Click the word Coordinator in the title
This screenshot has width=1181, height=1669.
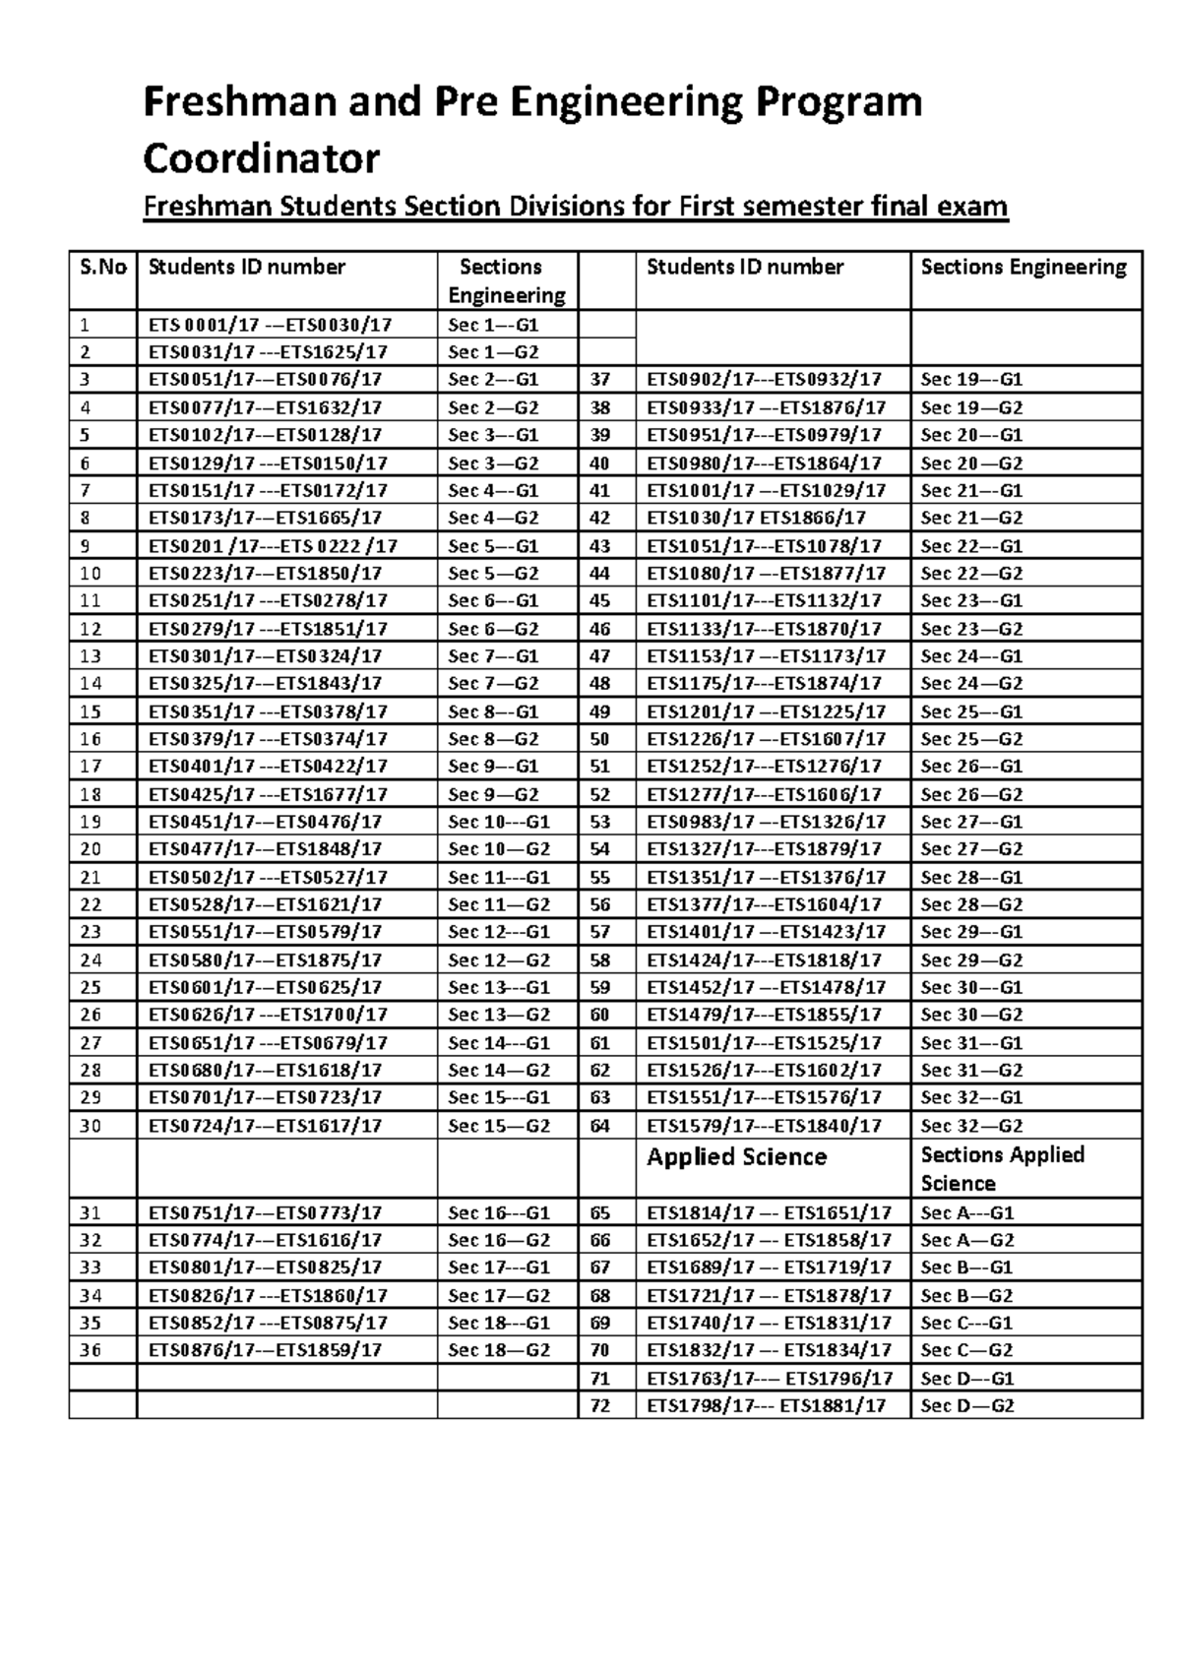(x=261, y=157)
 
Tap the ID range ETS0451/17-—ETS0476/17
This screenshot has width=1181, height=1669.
(x=265, y=822)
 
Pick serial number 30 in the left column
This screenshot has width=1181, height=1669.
(x=91, y=1126)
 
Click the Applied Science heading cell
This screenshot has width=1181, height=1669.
(x=736, y=1157)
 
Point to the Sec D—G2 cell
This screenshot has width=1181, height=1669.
(x=966, y=1406)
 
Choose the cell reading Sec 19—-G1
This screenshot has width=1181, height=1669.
(x=971, y=379)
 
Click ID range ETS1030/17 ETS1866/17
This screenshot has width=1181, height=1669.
(x=756, y=518)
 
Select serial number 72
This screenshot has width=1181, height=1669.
(x=599, y=1406)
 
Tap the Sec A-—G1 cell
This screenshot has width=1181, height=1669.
(x=966, y=1213)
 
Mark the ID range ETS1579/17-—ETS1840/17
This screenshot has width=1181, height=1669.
(x=764, y=1126)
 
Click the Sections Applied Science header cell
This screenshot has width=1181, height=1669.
(x=1002, y=1168)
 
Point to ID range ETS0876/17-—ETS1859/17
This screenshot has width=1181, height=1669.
(x=265, y=1350)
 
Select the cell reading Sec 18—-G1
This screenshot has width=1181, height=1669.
(x=498, y=1323)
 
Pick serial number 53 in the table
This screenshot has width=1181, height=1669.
(x=599, y=822)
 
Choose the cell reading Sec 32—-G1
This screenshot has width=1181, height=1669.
(x=971, y=1097)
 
